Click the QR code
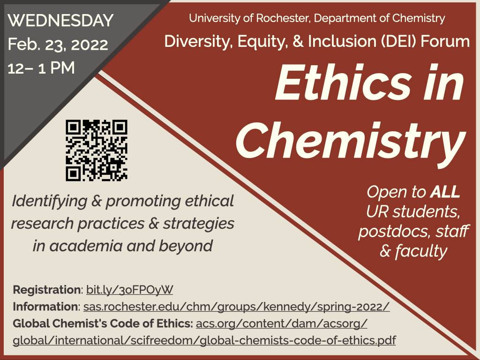[97, 150]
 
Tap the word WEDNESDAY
[60, 21]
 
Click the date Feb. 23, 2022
[58, 45]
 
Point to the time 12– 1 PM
[41, 67]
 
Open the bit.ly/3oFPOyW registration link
[129, 290]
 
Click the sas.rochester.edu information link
[236, 307]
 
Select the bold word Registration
[46, 290]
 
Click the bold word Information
[45, 307]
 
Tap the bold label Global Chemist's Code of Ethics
[103, 323]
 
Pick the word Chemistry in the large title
[351, 140]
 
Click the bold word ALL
[445, 192]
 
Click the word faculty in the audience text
[421, 252]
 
